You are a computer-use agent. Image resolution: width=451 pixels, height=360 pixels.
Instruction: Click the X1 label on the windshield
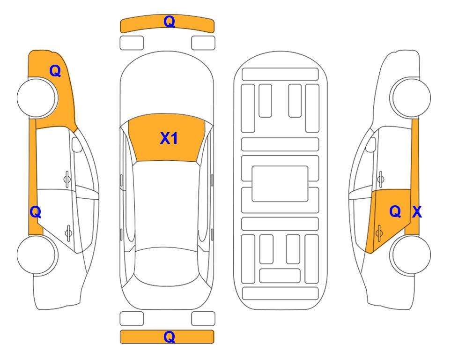click(169, 138)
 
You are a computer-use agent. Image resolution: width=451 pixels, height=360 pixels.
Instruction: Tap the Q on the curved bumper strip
click(169, 22)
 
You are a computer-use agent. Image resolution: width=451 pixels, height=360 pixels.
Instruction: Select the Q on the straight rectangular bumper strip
click(169, 337)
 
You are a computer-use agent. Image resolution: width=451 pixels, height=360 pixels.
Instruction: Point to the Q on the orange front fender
click(55, 71)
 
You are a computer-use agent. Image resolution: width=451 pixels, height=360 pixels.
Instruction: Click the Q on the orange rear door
click(395, 211)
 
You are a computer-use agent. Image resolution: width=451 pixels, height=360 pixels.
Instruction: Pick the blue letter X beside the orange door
click(417, 212)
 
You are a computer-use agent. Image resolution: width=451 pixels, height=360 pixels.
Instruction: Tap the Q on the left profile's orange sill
click(36, 212)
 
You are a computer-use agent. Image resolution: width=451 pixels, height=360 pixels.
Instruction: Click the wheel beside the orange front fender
click(37, 98)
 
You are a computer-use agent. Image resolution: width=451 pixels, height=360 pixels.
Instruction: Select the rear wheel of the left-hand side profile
click(37, 255)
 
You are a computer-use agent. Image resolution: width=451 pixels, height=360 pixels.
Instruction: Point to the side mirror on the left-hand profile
click(76, 144)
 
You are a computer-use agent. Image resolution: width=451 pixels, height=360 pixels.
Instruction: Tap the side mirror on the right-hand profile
click(371, 144)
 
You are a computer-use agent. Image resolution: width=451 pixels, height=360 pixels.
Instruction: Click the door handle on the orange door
click(379, 233)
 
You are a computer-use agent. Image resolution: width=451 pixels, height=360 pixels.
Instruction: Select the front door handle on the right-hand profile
click(381, 179)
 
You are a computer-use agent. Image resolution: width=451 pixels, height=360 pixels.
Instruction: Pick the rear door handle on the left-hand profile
click(68, 233)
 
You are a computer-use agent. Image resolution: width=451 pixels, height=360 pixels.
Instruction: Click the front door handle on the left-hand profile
click(67, 179)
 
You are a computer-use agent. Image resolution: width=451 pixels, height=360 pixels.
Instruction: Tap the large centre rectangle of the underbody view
click(280, 184)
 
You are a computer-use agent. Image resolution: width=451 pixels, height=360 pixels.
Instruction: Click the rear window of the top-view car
click(167, 266)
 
